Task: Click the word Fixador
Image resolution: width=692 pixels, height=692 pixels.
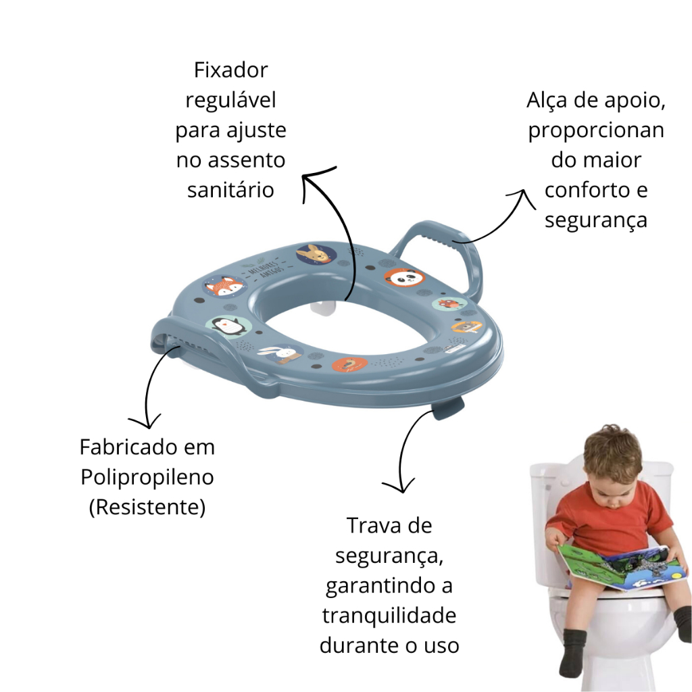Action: pos(231,70)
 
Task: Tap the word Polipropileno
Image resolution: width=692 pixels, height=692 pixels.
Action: pos(147,478)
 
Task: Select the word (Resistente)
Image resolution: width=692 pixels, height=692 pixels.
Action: pos(147,507)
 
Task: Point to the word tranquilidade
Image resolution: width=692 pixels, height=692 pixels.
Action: pos(389,615)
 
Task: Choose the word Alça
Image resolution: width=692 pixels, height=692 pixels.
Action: pos(547,101)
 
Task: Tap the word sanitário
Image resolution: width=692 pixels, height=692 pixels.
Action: pos(231,190)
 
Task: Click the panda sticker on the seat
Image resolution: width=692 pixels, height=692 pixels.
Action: pos(404,278)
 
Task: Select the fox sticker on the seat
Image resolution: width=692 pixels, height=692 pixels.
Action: pos(224,287)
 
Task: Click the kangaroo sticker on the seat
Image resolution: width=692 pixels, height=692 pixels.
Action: pos(316,254)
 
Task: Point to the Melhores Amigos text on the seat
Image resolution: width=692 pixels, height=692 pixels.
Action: pos(265,268)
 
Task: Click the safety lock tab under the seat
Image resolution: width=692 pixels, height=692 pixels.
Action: pos(447,407)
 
